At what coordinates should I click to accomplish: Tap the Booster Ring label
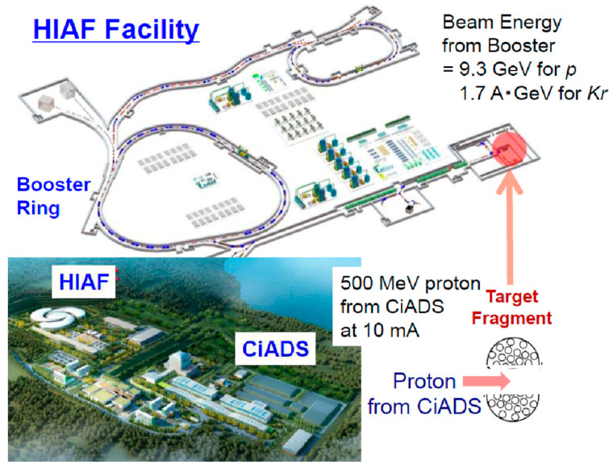tap(53, 196)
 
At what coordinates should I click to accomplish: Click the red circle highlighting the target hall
tap(509, 149)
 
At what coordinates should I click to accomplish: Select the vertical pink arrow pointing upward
tap(510, 228)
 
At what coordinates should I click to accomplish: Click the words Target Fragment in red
tap(511, 308)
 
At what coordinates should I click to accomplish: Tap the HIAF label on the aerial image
tap(84, 282)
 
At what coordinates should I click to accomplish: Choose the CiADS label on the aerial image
tap(275, 349)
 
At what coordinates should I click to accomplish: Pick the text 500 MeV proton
tap(410, 283)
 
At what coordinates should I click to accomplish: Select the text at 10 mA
tap(380, 331)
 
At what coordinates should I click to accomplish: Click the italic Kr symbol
tap(597, 94)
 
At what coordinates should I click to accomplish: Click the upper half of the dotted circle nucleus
tap(513, 354)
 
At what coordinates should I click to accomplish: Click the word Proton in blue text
tap(424, 381)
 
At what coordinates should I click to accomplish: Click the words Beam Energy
tap(502, 23)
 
